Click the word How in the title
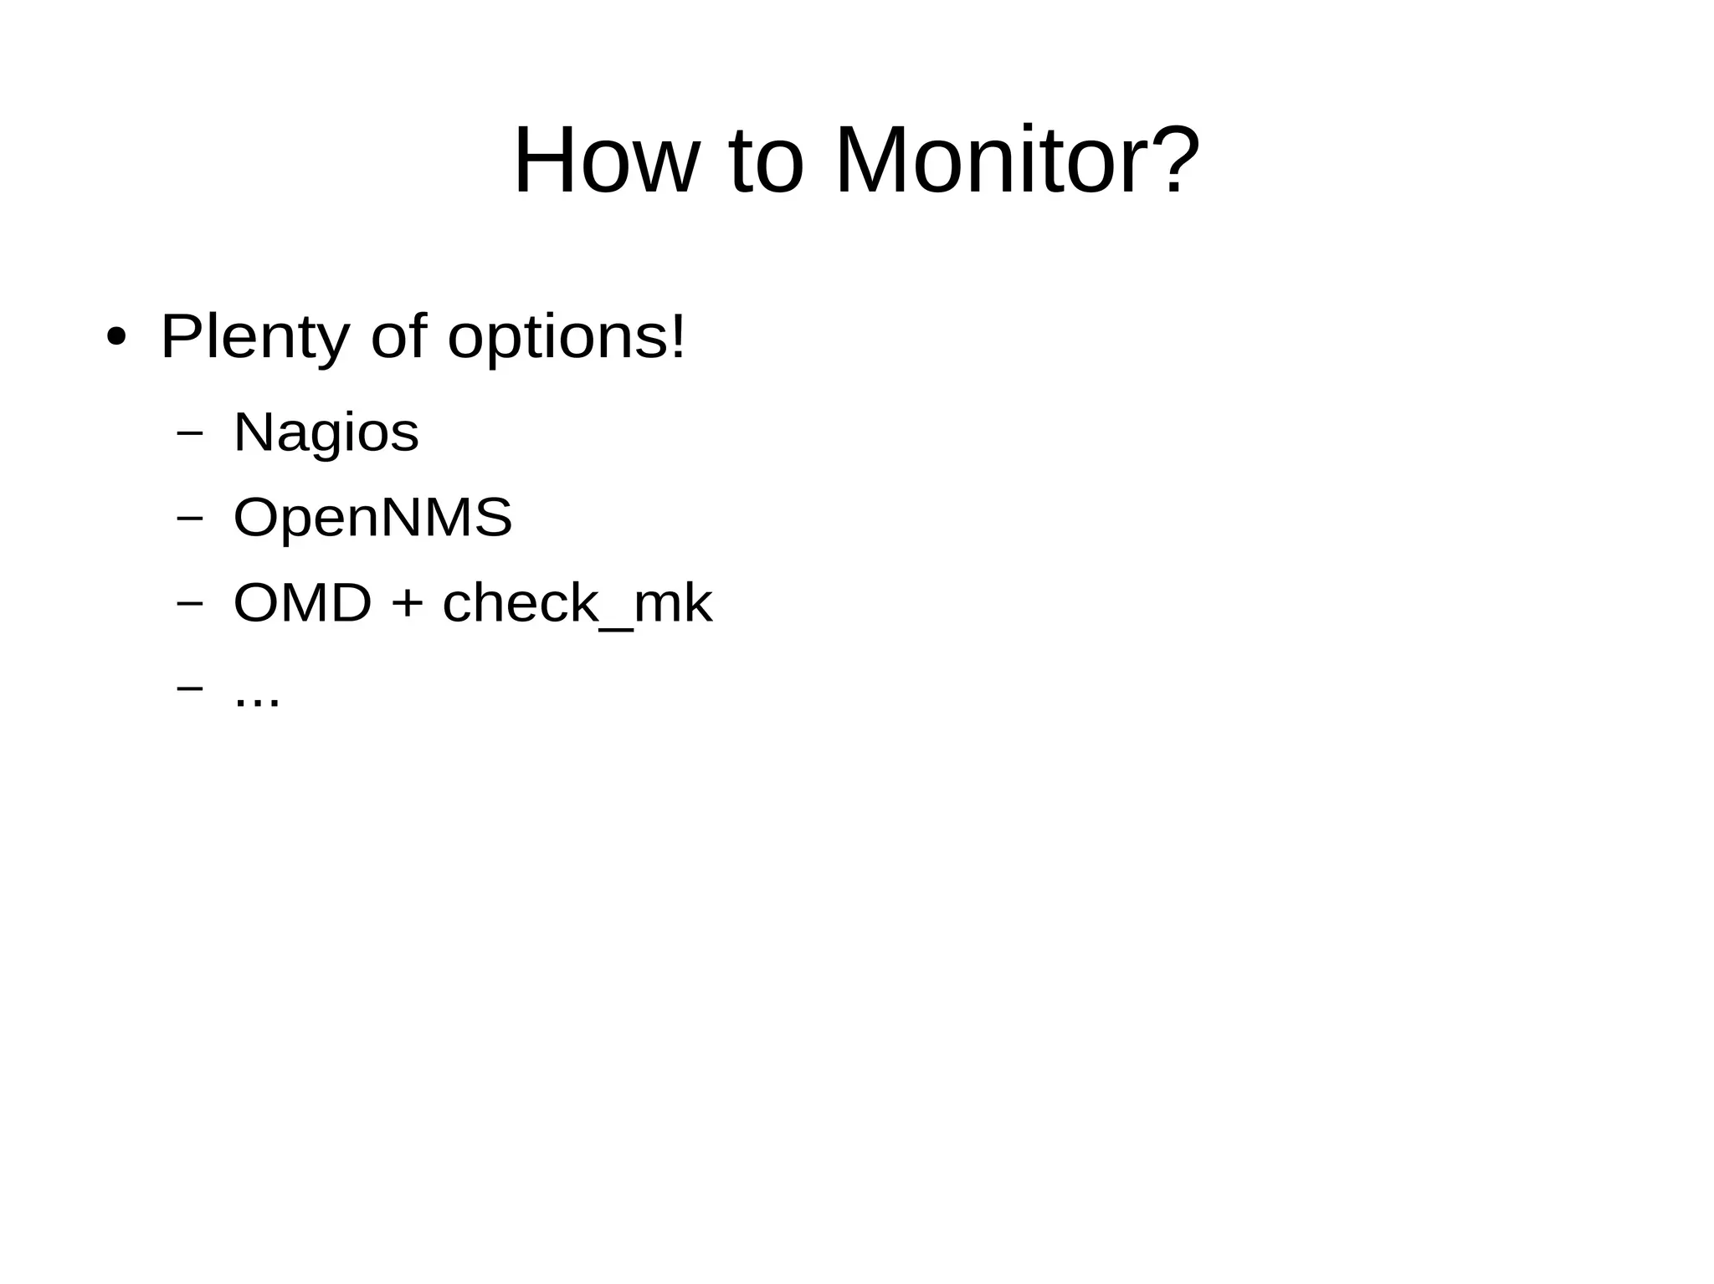point(604,161)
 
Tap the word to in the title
point(766,161)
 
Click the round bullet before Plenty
point(116,339)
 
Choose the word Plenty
point(254,337)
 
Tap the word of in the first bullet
point(398,335)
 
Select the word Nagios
point(326,433)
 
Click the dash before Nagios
point(190,433)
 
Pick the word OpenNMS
point(372,517)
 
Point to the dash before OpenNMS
point(190,518)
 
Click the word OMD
point(302,603)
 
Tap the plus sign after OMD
point(407,604)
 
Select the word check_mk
point(577,603)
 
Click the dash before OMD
point(190,602)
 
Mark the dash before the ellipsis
point(190,688)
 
